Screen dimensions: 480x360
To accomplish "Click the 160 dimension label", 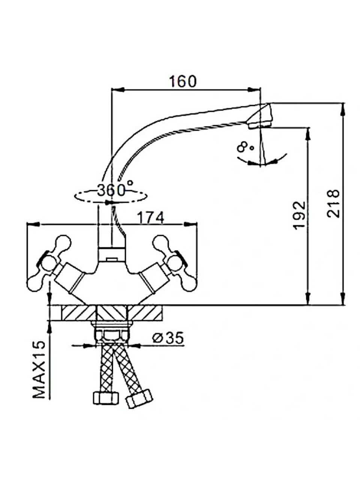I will (182, 81).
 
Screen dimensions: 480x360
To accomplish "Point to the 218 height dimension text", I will (333, 204).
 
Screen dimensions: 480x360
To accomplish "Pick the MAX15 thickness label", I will (39, 370).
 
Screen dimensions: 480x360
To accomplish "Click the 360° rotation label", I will (115, 190).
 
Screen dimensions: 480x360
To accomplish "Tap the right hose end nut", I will (139, 399).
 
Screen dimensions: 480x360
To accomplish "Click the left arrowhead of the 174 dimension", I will (33, 225).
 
